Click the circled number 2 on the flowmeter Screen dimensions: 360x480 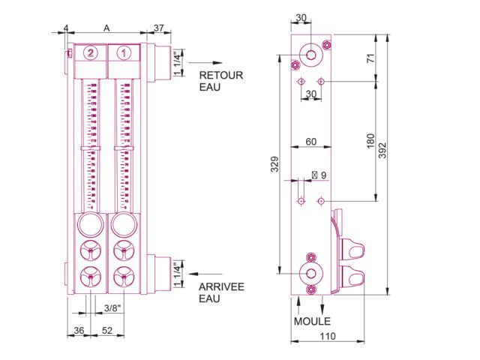pos(90,52)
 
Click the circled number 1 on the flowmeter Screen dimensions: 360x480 pos(124,52)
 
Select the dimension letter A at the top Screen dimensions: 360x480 pos(106,28)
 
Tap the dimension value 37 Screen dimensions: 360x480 pos(158,28)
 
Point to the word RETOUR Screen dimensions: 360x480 pos(220,75)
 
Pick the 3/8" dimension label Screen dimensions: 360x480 pos(112,308)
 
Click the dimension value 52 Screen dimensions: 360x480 pos(107,331)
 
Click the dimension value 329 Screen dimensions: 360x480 pos(274,163)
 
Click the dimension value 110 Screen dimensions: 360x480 pos(327,337)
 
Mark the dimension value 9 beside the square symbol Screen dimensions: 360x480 pos(323,175)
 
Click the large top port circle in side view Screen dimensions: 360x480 pos(310,54)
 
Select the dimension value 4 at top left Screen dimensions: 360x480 pos(66,28)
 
